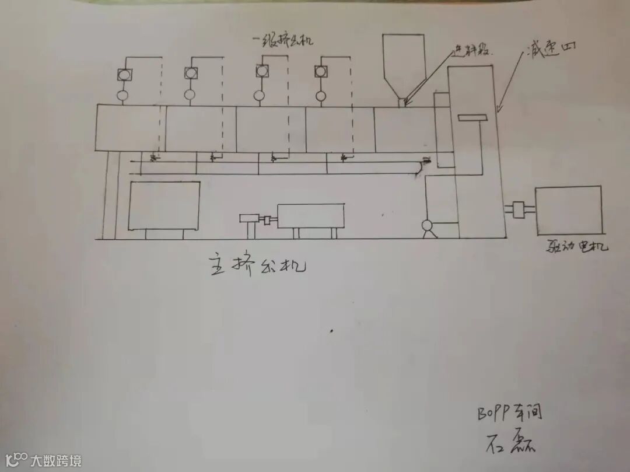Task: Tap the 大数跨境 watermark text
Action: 56,460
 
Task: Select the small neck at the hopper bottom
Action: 402,103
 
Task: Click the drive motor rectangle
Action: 568,210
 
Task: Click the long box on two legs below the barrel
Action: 310,216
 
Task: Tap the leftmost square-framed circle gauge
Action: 124,74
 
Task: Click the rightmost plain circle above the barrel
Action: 320,95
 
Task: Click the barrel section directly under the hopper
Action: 404,130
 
